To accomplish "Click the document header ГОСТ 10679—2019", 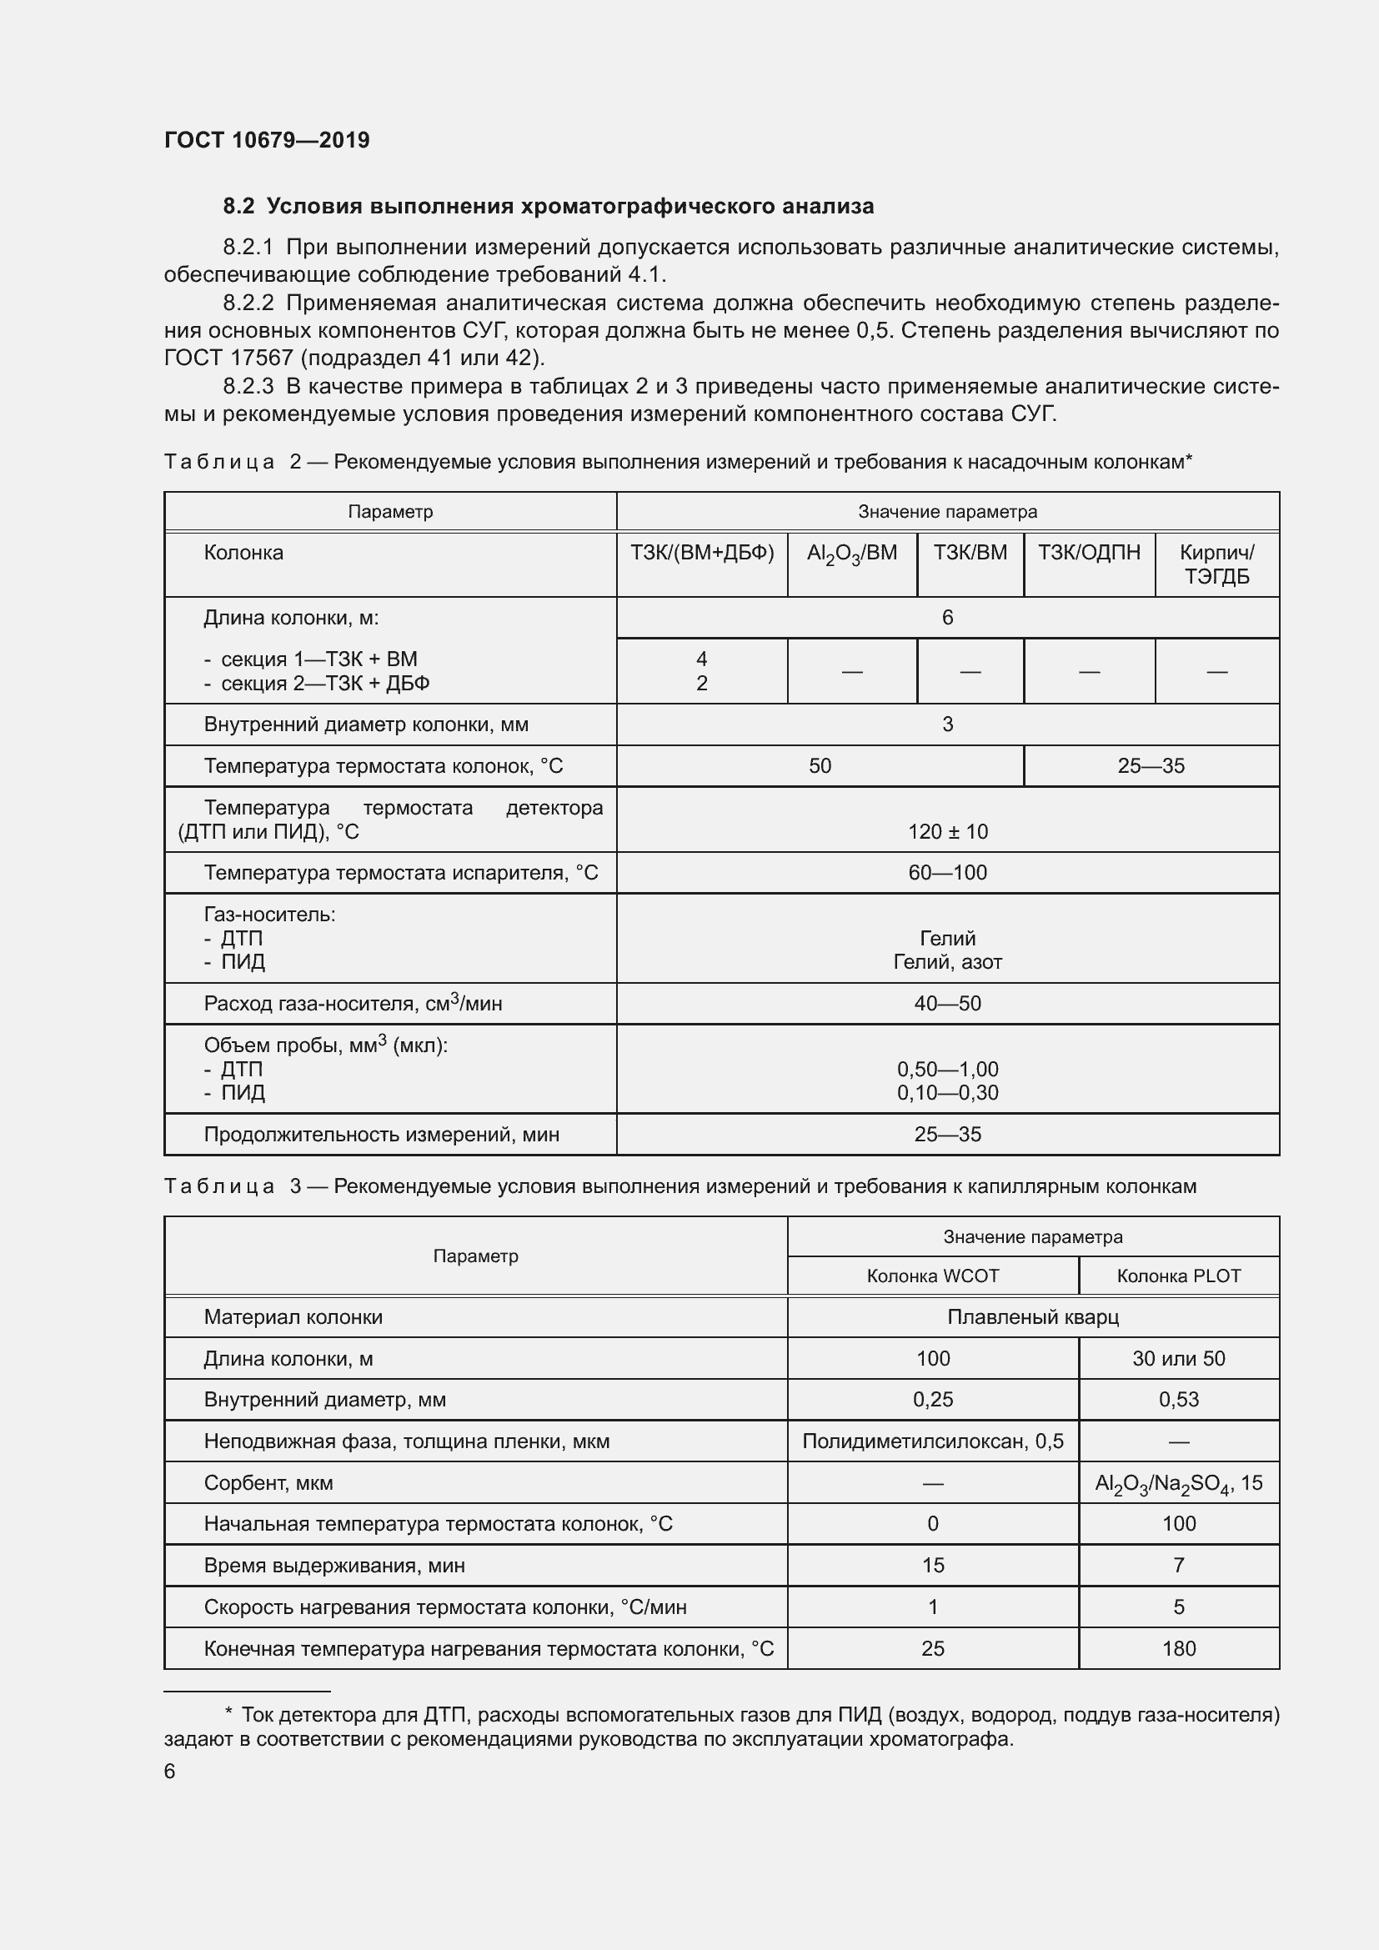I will (x=267, y=140).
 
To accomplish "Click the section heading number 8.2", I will (x=238, y=207).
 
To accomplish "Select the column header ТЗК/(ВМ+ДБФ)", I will (x=701, y=553).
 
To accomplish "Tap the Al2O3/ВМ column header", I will (x=852, y=554).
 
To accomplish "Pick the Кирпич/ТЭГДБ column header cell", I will (x=1216, y=564).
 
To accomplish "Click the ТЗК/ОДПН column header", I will (x=1089, y=553).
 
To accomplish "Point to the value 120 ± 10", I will (x=947, y=831).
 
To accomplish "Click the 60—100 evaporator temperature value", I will (x=947, y=873).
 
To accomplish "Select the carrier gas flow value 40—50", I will (x=947, y=1004).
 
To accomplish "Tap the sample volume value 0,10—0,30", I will (x=947, y=1093).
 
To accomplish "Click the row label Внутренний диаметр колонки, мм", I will (x=366, y=724).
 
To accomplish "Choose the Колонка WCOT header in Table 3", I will (x=932, y=1276).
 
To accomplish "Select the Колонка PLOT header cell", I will (x=1178, y=1276).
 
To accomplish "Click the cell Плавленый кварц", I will (x=1032, y=1317).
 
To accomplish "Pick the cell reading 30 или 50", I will (x=1178, y=1359).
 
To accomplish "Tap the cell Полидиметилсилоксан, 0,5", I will (x=932, y=1441).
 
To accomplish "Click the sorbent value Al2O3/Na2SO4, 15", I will (x=1178, y=1483).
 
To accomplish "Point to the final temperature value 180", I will (x=1178, y=1648).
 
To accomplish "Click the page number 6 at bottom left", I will (x=170, y=1772).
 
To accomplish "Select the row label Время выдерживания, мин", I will (x=334, y=1566).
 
